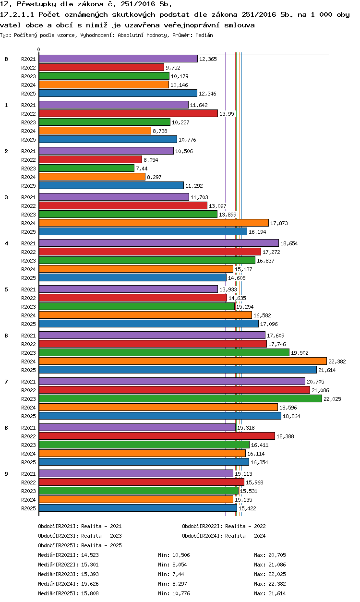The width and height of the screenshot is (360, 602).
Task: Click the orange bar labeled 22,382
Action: [183, 361]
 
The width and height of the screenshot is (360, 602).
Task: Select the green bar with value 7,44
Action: [86, 168]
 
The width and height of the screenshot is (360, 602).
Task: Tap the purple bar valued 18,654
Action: [159, 243]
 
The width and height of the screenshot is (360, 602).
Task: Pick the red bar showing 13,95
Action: [128, 114]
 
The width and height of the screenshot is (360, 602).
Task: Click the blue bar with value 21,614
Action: [178, 370]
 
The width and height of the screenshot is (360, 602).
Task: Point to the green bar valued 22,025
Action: [180, 399]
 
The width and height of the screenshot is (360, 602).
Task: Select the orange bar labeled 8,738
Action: [95, 131]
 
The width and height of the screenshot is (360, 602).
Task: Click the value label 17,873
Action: [279, 223]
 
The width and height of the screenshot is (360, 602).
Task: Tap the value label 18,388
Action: [285, 436]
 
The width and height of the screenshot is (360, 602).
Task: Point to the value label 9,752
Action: [173, 68]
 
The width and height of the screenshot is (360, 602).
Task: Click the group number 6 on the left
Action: [6, 336]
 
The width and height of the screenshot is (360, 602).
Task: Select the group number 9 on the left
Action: [6, 474]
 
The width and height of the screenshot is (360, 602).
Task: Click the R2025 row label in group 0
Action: [28, 94]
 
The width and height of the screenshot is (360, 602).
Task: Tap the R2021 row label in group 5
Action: [28, 289]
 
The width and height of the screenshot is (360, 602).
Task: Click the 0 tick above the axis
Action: [39, 49]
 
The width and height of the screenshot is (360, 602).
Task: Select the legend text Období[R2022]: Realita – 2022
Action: [224, 526]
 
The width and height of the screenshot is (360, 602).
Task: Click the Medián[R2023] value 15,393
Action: [90, 574]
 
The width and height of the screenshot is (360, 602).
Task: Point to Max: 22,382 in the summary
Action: [270, 584]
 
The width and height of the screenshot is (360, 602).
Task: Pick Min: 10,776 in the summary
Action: [174, 593]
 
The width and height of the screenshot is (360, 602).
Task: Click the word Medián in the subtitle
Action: [204, 35]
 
